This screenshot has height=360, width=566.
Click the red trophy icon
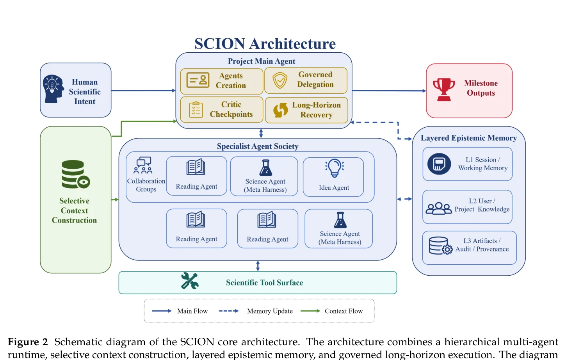pyautogui.click(x=444, y=89)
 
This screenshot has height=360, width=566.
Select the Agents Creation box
pyautogui.click(x=222, y=81)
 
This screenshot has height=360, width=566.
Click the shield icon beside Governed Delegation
pyautogui.click(x=280, y=80)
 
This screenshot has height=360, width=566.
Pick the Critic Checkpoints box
pyautogui.click(x=222, y=110)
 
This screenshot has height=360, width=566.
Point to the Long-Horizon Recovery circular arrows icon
pyautogui.click(x=281, y=110)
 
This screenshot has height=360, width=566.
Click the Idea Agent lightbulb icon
pyautogui.click(x=334, y=168)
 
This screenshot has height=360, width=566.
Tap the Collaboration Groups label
pyautogui.click(x=146, y=185)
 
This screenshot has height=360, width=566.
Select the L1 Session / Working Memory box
pyautogui.click(x=468, y=164)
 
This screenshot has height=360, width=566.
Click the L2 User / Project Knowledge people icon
pyautogui.click(x=438, y=209)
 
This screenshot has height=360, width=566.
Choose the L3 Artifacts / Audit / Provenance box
pyautogui.click(x=469, y=248)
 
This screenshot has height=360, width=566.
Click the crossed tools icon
pyautogui.click(x=190, y=281)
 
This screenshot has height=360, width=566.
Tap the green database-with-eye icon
pyautogui.click(x=76, y=174)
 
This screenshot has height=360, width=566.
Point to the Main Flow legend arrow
pyautogui.click(x=162, y=311)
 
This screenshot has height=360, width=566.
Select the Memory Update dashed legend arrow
pyautogui.click(x=229, y=311)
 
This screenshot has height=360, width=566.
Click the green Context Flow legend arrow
pyautogui.click(x=310, y=311)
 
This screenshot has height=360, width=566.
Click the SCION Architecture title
pyautogui.click(x=265, y=43)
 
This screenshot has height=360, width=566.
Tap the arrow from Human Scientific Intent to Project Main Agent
pyautogui.click(x=143, y=91)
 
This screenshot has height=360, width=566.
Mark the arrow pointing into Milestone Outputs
pyautogui.click(x=389, y=91)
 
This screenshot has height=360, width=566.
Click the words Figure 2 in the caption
pyautogui.click(x=28, y=342)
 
